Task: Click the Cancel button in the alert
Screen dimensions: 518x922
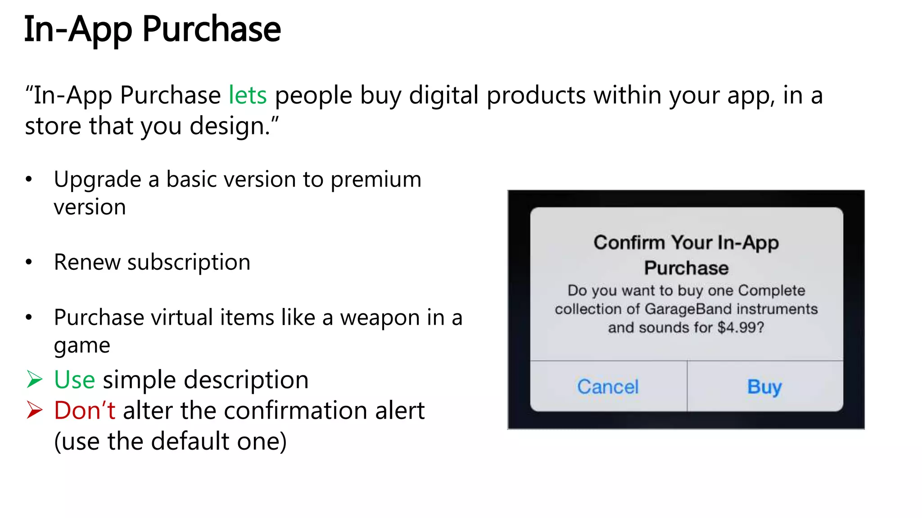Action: pos(608,387)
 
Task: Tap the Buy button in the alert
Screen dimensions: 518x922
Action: pos(764,387)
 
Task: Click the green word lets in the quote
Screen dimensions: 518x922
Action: pos(248,95)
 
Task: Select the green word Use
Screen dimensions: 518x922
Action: pos(74,380)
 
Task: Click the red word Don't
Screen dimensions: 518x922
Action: pos(85,410)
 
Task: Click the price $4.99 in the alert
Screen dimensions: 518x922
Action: pos(741,327)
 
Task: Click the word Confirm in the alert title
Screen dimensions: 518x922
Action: pos(629,243)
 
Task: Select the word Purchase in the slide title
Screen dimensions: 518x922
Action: pos(212,30)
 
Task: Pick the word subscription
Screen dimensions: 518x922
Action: pos(189,262)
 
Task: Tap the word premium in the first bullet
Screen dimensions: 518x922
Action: pos(376,179)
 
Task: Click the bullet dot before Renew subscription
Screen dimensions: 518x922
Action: pos(29,262)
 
